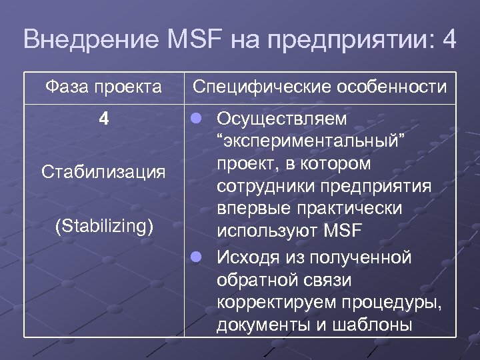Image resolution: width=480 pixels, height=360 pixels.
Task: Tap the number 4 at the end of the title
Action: [x=449, y=39]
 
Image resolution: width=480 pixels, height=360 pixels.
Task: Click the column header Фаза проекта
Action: [x=103, y=87]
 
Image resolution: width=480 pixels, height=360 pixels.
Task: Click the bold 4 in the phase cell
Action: [x=103, y=119]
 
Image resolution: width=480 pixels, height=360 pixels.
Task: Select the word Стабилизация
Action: [x=103, y=173]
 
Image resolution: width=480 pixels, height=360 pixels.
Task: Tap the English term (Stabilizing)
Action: [x=103, y=225]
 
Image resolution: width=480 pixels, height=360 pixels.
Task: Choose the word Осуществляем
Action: [x=282, y=119]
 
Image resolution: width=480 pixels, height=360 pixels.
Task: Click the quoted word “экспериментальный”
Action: [x=312, y=142]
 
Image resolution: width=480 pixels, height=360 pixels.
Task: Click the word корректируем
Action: [x=278, y=302]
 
